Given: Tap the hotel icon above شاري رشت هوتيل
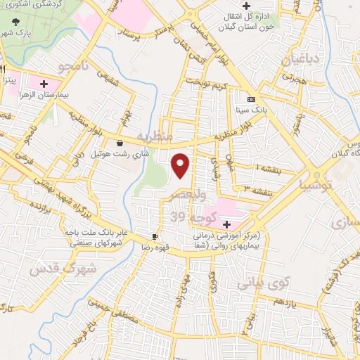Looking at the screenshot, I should pyautogui.click(x=120, y=142).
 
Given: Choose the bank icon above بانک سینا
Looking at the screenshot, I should pyautogui.click(x=252, y=100).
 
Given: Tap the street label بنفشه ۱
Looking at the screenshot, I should pyautogui.click(x=266, y=169).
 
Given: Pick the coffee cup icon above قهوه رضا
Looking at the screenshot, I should pyautogui.click(x=155, y=236).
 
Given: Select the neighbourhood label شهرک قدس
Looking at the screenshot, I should pyautogui.click(x=54, y=272).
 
